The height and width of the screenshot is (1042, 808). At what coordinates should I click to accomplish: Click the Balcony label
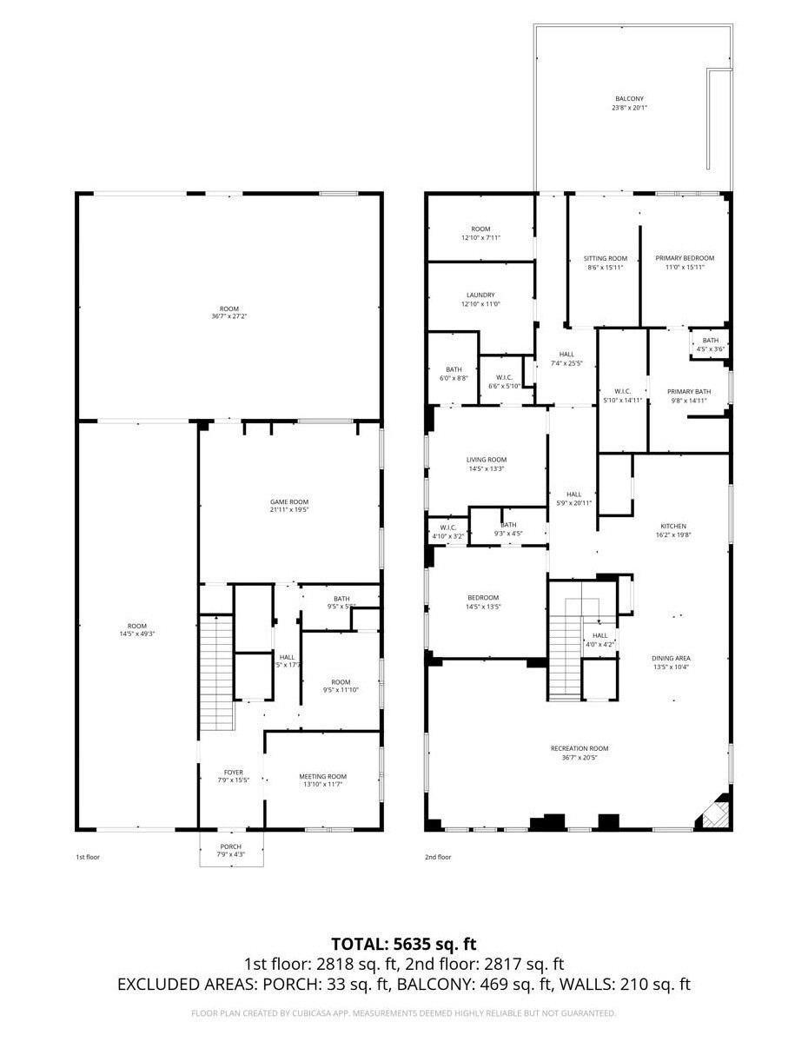tap(630, 99)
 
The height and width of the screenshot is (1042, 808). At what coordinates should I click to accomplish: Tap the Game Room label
tap(288, 501)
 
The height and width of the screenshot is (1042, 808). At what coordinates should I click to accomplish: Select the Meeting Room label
tap(322, 776)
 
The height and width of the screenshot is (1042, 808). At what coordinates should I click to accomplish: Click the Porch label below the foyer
tap(230, 846)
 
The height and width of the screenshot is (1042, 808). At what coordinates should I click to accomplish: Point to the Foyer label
tap(232, 772)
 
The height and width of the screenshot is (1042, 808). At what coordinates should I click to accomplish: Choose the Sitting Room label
tap(605, 258)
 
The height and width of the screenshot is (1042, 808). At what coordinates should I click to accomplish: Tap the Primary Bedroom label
tap(685, 258)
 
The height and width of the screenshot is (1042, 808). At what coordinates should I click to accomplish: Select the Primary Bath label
tap(689, 391)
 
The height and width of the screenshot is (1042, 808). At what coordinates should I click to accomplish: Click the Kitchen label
tap(673, 526)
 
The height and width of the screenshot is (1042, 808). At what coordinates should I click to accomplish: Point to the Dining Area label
tap(671, 658)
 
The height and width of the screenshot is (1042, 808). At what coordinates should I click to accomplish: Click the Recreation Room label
tap(579, 748)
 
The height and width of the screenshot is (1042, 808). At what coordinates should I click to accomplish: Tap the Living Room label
tap(487, 460)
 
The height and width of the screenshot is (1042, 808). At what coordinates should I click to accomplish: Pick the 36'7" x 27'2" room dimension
tap(229, 316)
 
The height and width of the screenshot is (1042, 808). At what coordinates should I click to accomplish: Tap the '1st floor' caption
tap(88, 857)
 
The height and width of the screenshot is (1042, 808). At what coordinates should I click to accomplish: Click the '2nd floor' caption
tap(438, 857)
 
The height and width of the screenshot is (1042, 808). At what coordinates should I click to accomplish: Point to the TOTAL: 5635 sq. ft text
tap(404, 944)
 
